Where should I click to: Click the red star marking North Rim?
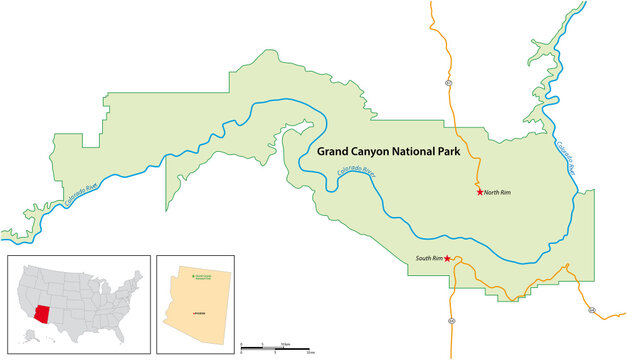point(479,192)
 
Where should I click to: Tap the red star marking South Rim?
point(447,260)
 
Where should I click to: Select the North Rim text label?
point(498,192)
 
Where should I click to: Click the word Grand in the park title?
point(339,153)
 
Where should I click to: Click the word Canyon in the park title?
point(384,153)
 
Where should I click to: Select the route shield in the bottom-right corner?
point(591,311)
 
